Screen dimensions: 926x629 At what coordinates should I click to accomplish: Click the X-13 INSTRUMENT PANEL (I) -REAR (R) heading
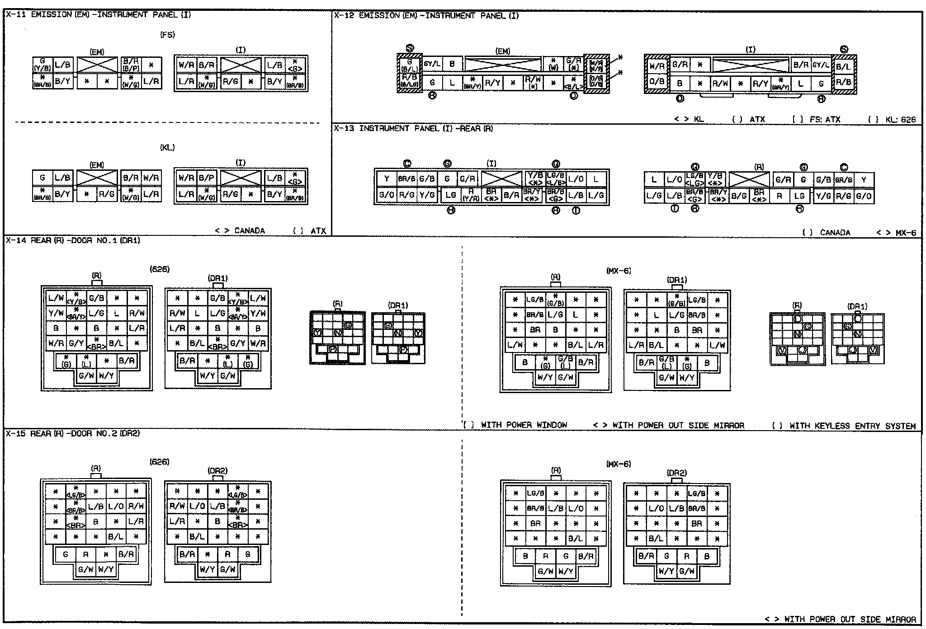click(x=413, y=129)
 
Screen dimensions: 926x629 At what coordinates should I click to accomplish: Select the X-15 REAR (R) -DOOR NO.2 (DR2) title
click(x=73, y=434)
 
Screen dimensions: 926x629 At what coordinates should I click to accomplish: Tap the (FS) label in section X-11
click(x=167, y=35)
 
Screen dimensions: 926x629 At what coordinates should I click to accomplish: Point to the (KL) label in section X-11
click(x=167, y=148)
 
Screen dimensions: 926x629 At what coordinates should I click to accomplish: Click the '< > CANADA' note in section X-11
click(x=240, y=231)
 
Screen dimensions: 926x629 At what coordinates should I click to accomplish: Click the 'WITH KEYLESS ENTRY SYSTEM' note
click(x=844, y=426)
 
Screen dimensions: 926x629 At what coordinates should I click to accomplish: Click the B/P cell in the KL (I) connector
click(x=206, y=178)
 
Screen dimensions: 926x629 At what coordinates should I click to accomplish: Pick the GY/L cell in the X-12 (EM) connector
click(x=432, y=64)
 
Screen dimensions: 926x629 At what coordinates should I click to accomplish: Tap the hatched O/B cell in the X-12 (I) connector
click(x=657, y=82)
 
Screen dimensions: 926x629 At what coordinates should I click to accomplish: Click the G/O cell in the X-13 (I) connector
click(x=387, y=195)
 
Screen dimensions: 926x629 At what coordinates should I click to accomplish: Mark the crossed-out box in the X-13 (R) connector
click(x=749, y=179)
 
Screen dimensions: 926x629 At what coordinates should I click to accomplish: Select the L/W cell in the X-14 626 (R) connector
click(x=56, y=298)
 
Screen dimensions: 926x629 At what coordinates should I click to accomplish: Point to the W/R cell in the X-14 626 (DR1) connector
click(x=258, y=343)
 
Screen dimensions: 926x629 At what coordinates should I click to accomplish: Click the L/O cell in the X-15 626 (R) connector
click(x=116, y=507)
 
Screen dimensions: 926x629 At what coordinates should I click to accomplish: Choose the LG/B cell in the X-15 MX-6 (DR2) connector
click(x=697, y=493)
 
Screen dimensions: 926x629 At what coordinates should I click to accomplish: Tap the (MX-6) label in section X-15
click(x=618, y=464)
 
